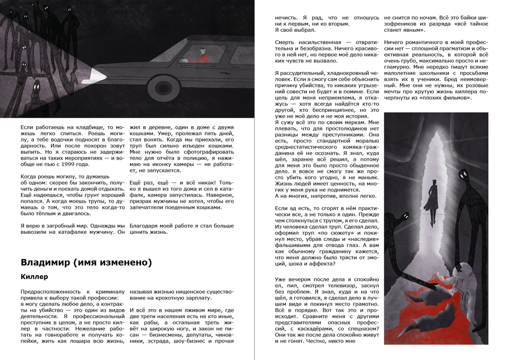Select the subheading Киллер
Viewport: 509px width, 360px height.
point(34,277)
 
